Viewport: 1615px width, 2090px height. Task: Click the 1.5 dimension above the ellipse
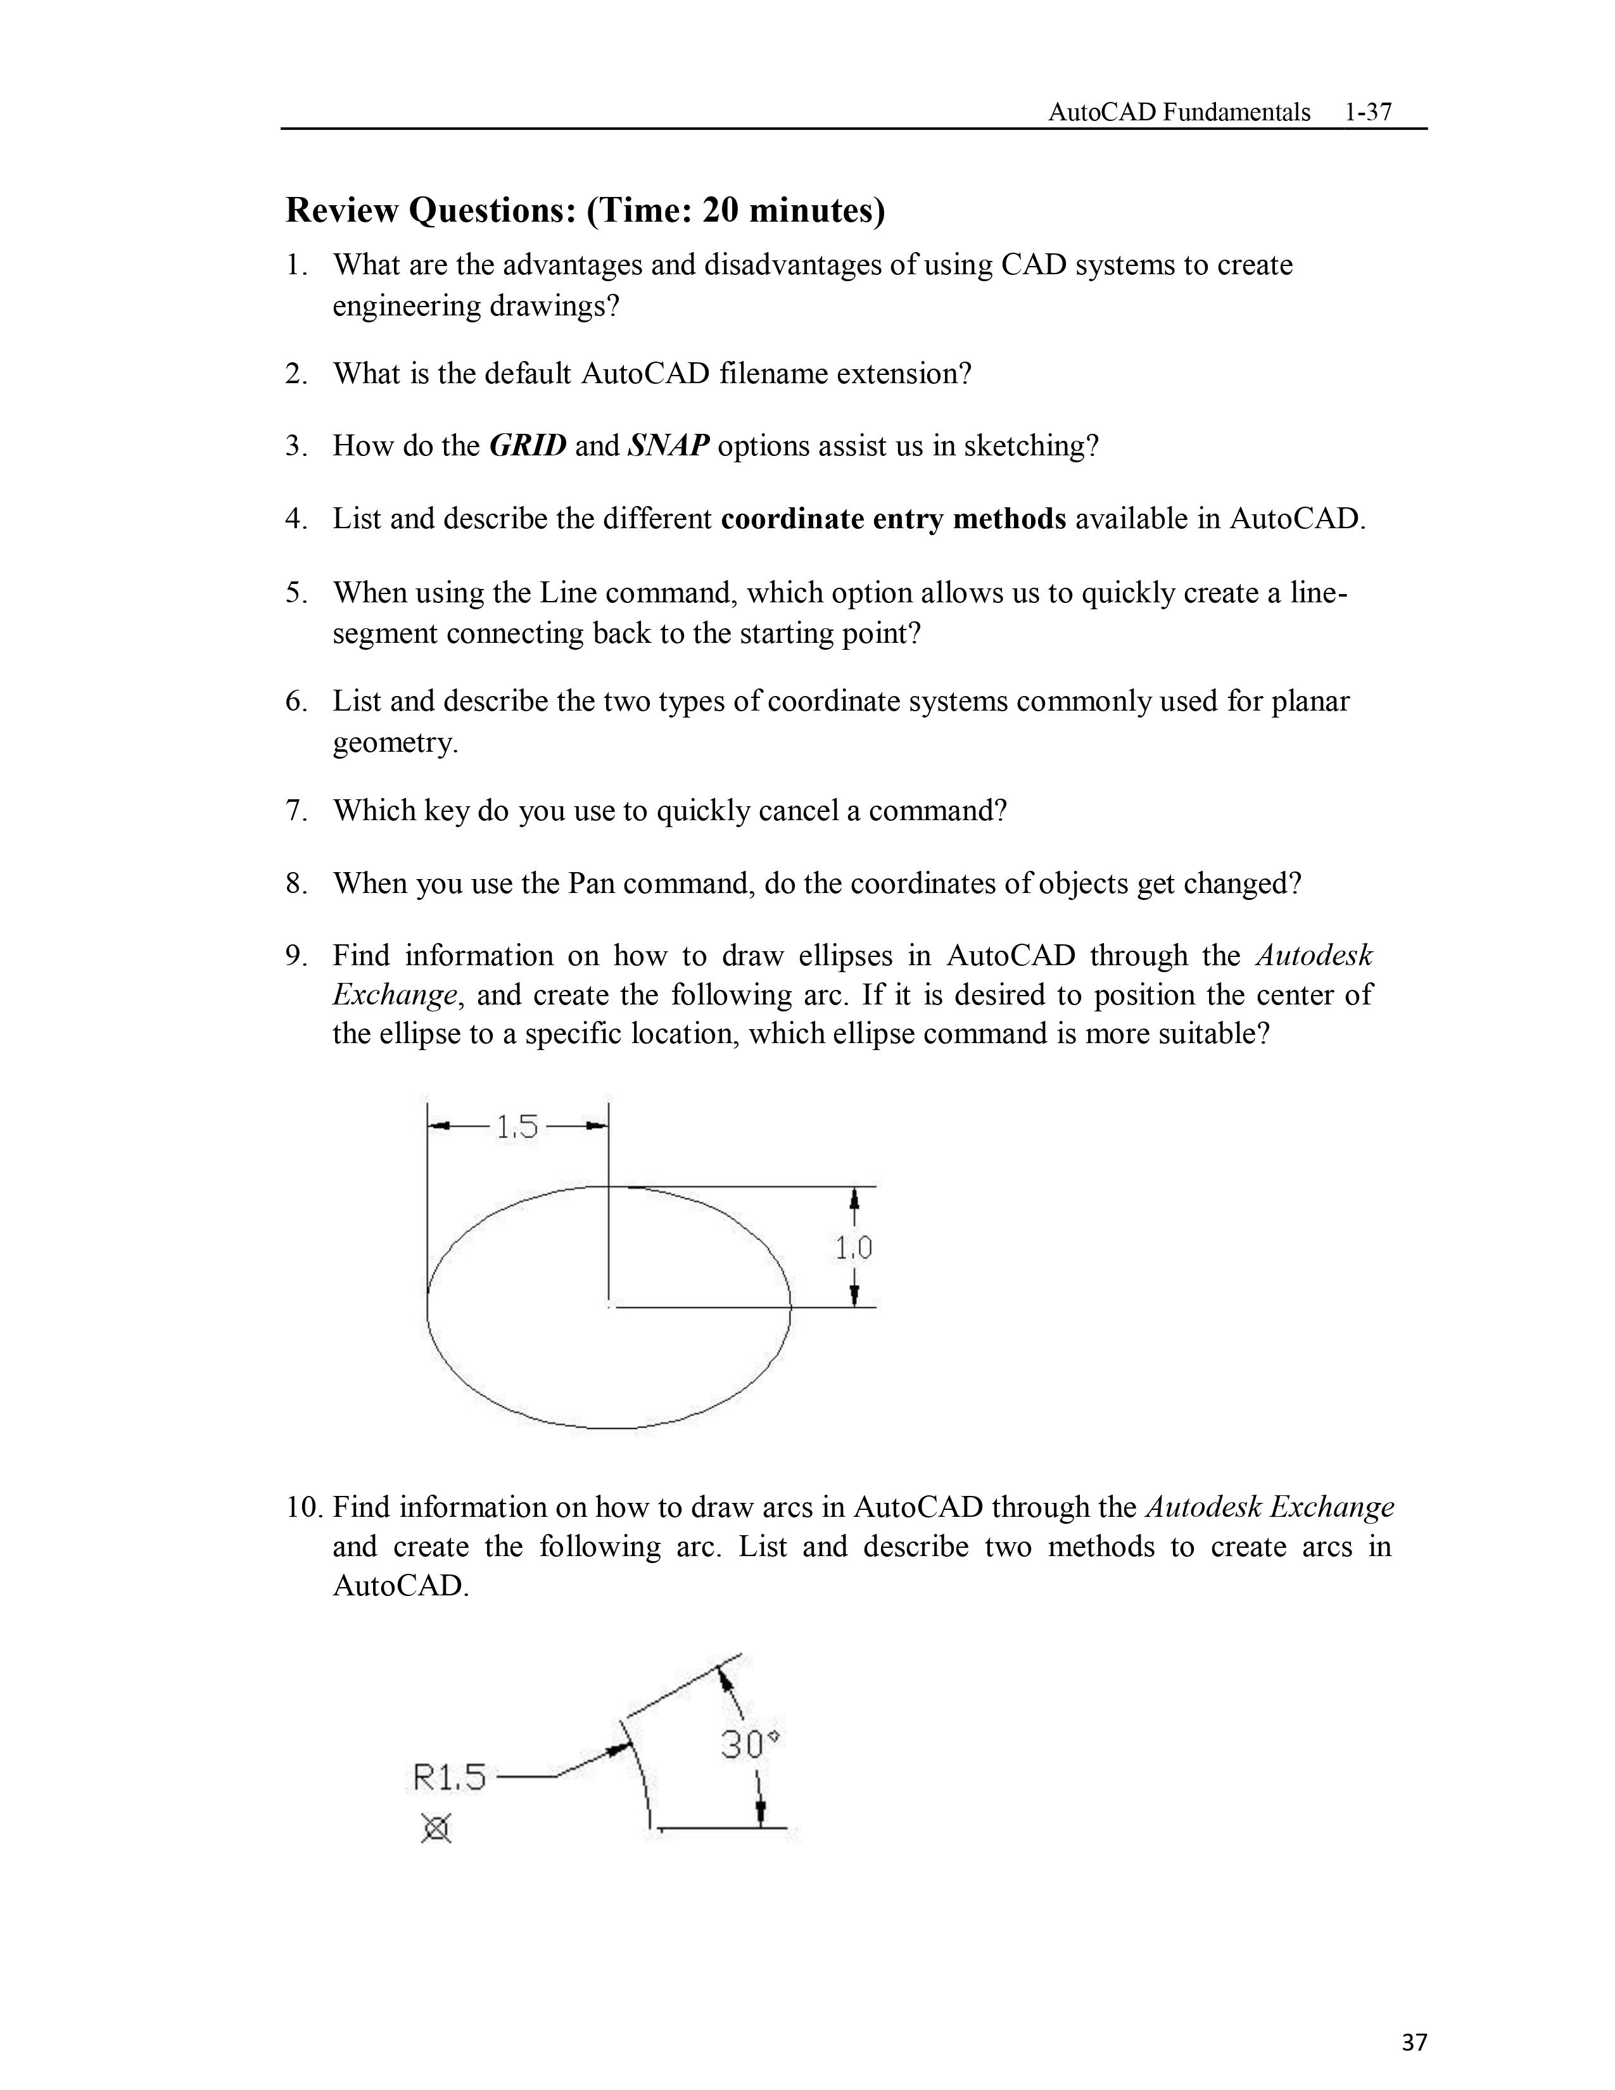click(517, 1127)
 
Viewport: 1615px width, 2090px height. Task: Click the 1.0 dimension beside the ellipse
click(854, 1248)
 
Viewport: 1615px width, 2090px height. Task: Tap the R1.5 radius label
click(450, 1778)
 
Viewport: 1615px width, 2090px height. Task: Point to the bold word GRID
click(527, 446)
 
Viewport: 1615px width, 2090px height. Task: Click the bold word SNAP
click(668, 446)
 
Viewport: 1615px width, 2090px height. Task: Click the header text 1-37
click(1367, 112)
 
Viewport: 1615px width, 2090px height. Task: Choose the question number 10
click(303, 1507)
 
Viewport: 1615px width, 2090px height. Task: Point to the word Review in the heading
click(341, 210)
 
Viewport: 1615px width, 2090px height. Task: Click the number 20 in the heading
click(721, 210)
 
